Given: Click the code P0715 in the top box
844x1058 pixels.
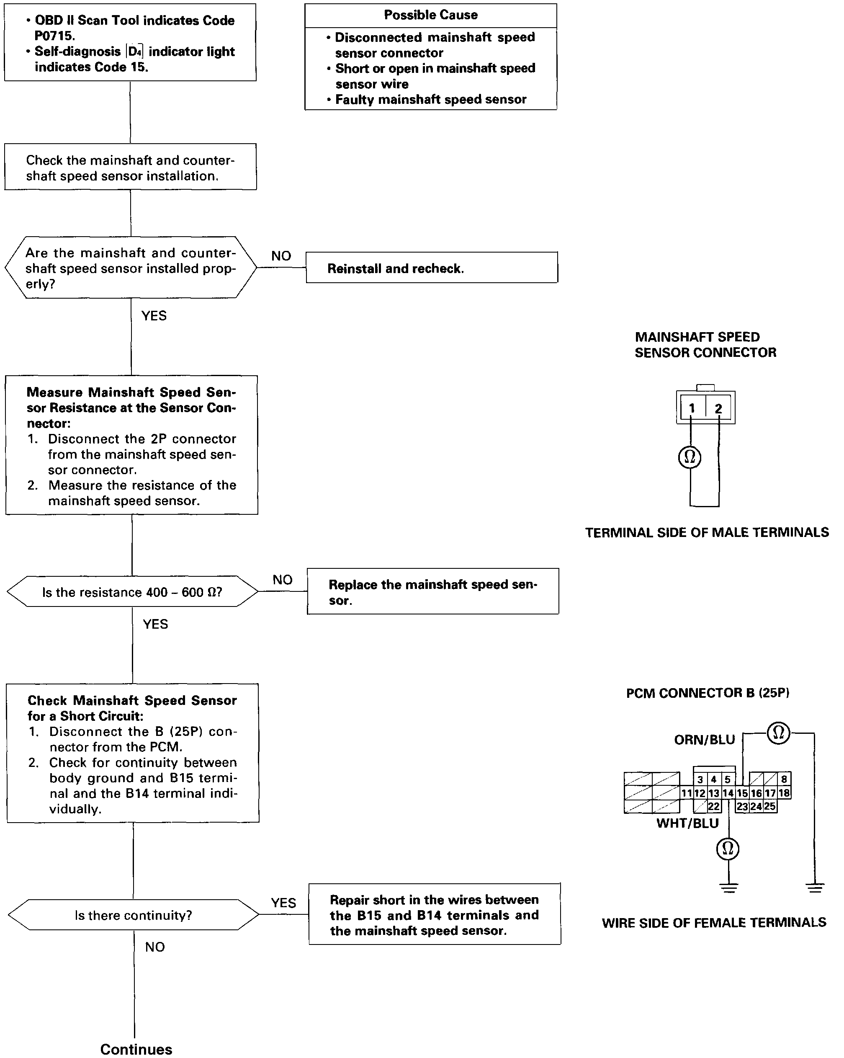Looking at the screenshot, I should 54,36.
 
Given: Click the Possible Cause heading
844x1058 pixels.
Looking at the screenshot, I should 430,15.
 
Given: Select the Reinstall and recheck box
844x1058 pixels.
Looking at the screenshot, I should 432,268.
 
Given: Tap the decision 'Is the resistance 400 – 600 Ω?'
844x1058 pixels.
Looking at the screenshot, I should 132,592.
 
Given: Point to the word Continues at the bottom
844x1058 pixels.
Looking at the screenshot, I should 136,1049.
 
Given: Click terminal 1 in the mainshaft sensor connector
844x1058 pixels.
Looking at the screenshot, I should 692,408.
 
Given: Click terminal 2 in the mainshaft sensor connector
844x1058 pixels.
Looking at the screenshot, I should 718,408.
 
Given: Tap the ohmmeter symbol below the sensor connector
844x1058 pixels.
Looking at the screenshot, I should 690,457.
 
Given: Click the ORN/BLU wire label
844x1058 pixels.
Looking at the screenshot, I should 704,740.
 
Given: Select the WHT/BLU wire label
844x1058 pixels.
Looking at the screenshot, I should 687,823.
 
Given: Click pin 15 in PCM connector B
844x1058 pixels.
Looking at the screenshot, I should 742,793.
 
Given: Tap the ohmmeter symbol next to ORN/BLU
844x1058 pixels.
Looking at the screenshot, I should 778,733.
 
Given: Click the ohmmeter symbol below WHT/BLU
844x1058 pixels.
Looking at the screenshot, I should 728,849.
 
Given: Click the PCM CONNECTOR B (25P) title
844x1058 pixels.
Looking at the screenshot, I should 707,693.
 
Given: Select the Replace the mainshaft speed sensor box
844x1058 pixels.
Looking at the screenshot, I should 432,591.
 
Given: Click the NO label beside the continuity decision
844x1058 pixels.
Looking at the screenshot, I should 155,947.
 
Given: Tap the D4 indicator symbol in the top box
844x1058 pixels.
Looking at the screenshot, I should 135,52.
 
